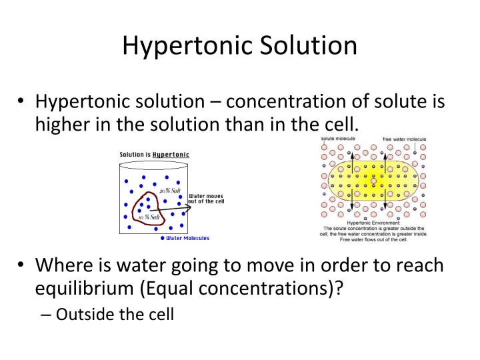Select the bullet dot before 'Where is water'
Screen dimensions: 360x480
(21, 266)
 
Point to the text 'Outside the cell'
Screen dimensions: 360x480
(115, 313)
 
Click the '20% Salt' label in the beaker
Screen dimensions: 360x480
(171, 191)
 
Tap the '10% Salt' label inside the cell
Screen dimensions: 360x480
(149, 217)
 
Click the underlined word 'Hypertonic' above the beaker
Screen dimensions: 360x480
(171, 154)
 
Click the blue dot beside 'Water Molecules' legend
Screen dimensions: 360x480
(163, 238)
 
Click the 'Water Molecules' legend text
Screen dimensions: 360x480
(187, 238)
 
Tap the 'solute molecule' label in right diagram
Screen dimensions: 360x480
(338, 139)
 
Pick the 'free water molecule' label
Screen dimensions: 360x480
(404, 139)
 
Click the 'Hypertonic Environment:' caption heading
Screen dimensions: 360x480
(373, 223)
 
